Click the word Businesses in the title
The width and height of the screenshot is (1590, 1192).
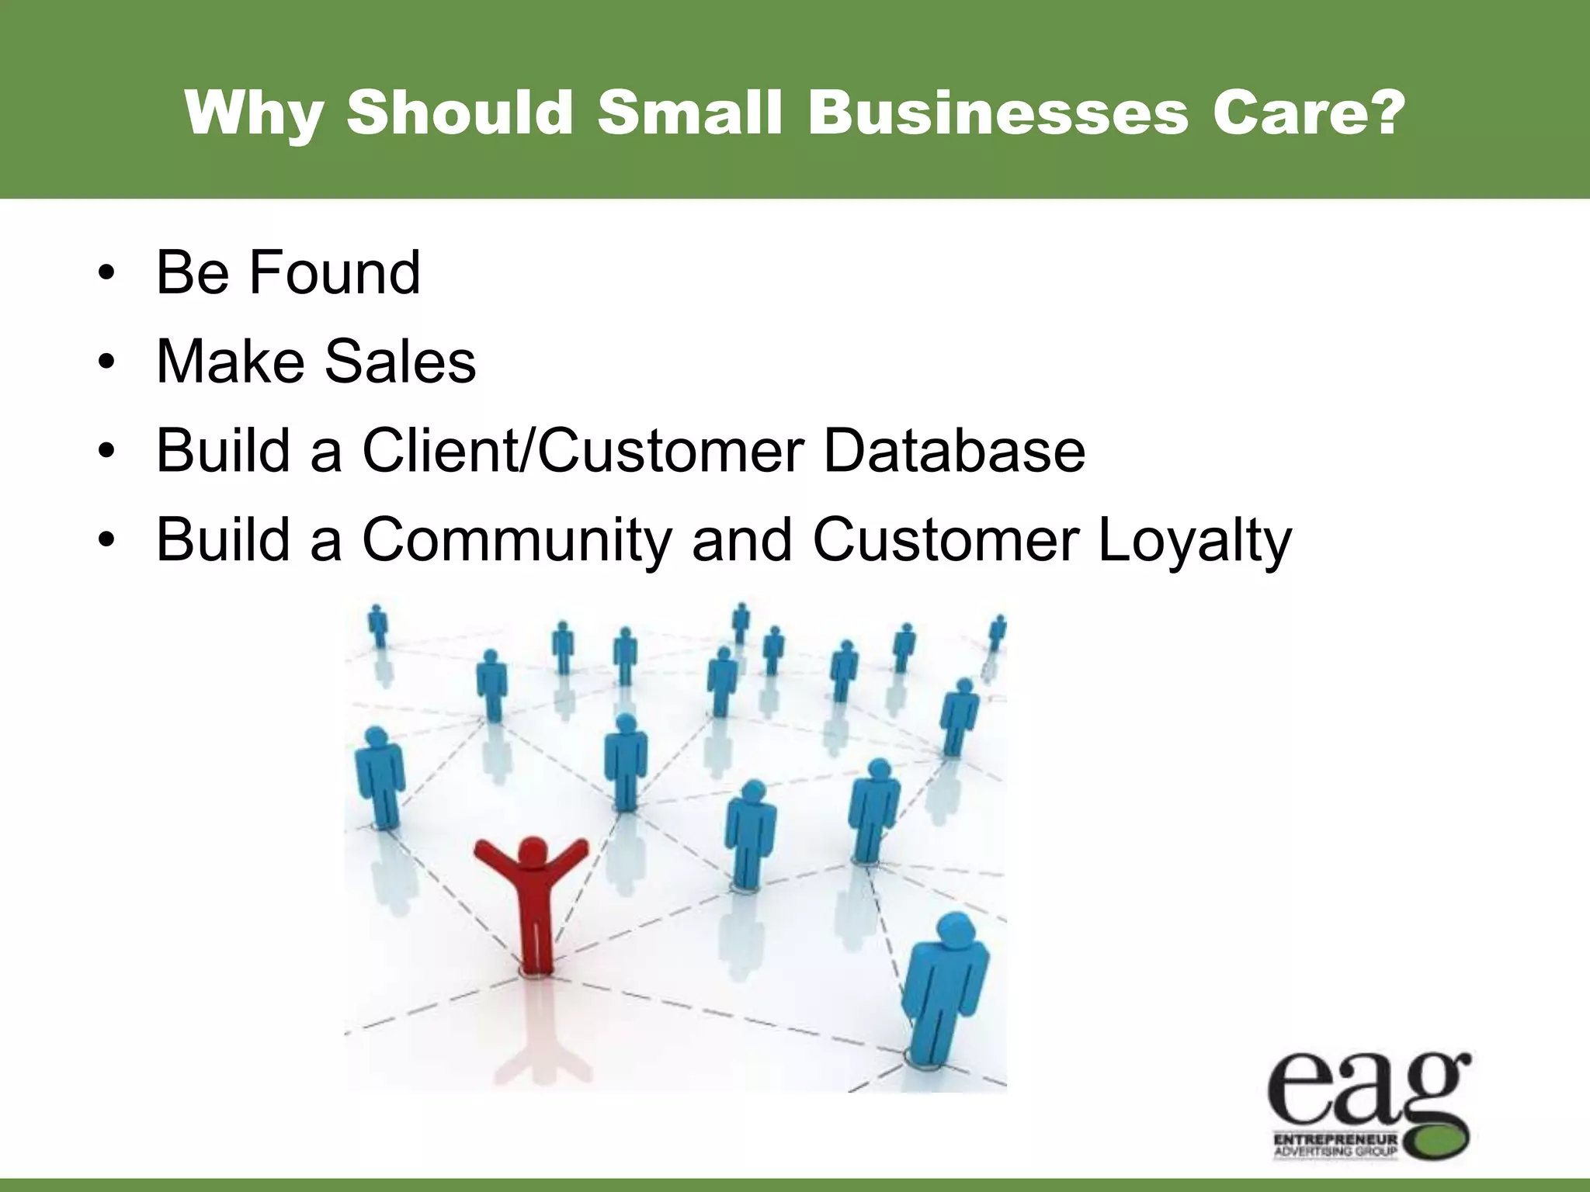point(998,113)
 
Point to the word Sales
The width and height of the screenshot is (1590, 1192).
point(400,362)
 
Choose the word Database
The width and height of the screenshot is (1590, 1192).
point(954,451)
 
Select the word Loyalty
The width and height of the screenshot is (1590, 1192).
point(1195,540)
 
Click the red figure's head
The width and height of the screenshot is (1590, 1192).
point(532,851)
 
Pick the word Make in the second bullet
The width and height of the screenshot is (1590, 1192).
point(231,362)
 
